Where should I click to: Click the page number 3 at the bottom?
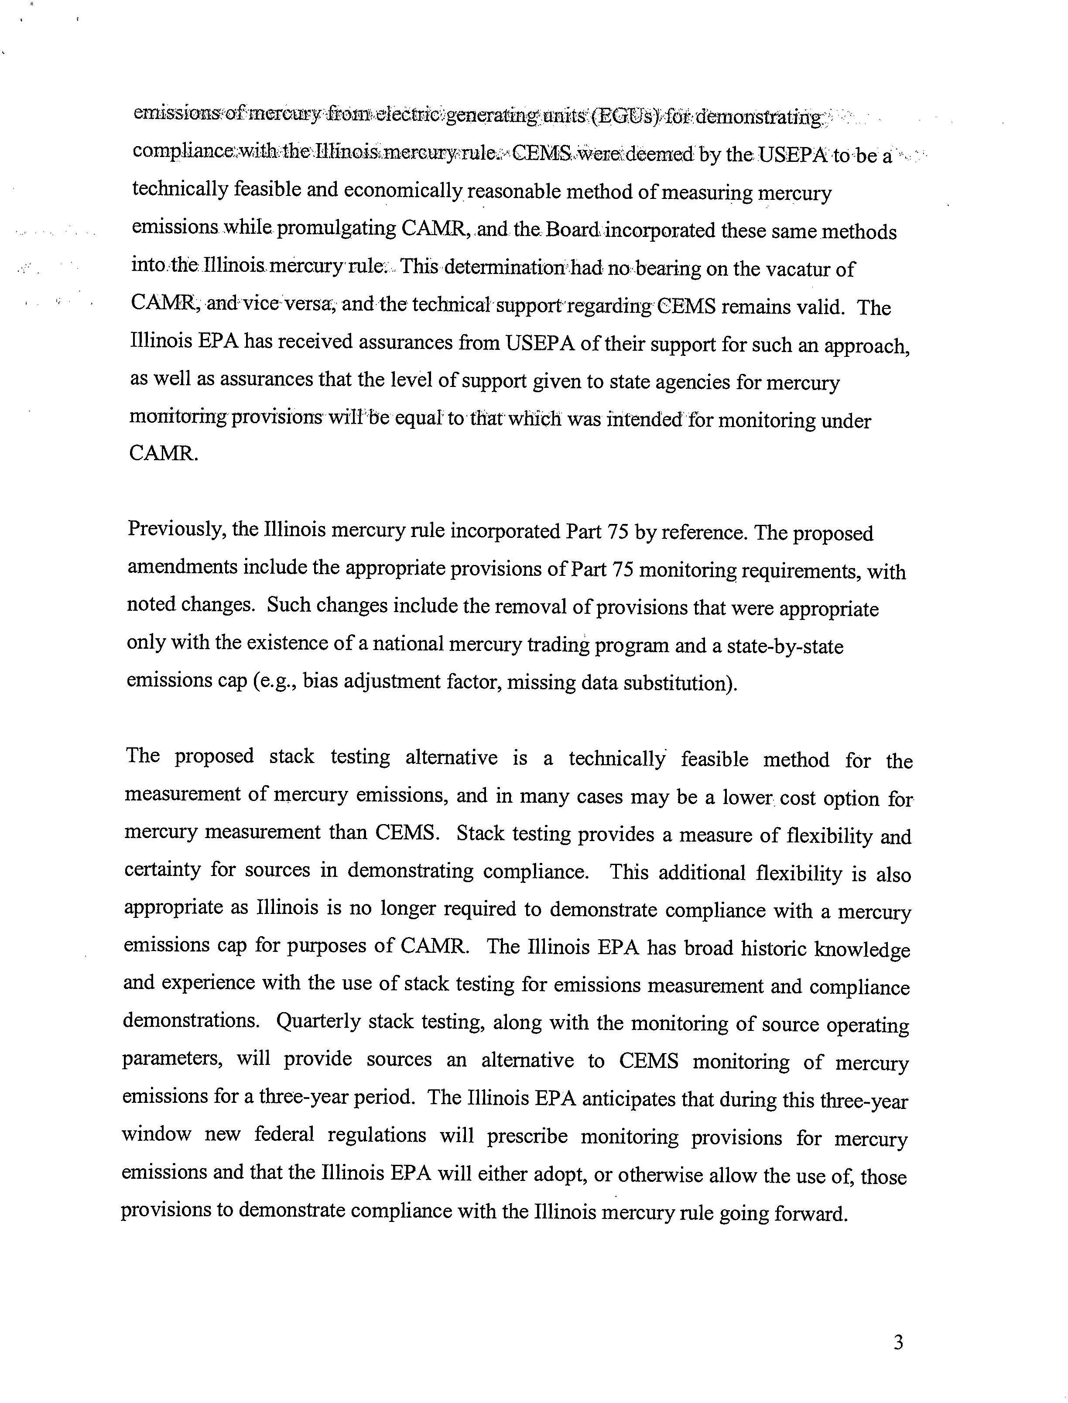(x=897, y=1343)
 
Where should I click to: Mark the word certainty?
(x=162, y=869)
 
